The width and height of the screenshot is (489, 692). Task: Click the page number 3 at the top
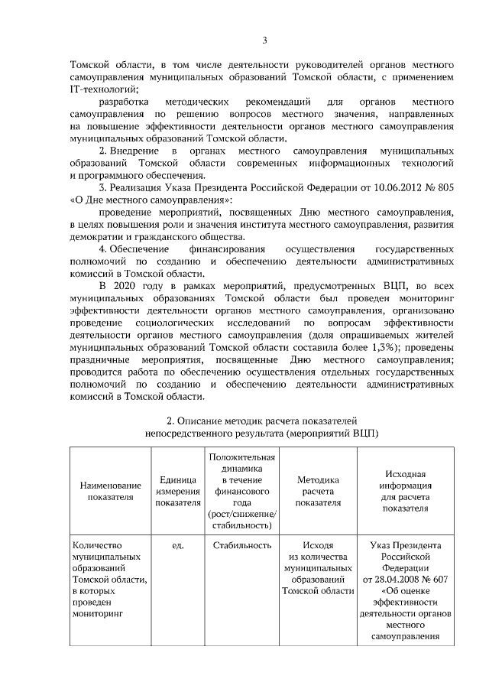[264, 41]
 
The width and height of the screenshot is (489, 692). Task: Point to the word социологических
[179, 323]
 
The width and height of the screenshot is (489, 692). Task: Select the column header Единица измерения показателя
[178, 490]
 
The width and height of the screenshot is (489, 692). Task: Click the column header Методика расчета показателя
[317, 490]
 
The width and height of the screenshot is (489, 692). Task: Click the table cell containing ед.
[178, 545]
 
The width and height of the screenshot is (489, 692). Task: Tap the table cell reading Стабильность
[242, 545]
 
